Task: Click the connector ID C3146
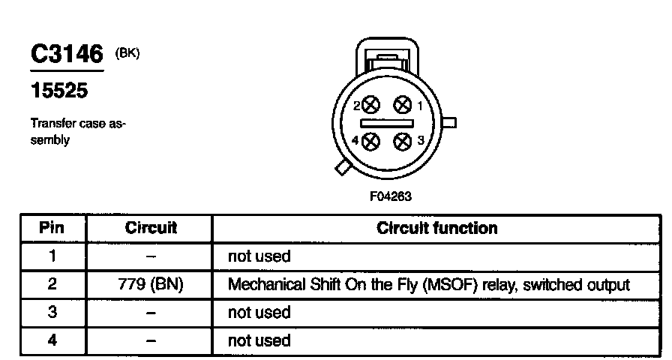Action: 67,53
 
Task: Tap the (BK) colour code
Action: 127,53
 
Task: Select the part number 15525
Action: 59,91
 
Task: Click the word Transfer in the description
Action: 46,124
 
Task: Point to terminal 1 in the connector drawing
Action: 403,104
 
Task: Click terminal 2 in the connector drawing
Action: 371,105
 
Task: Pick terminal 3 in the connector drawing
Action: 403,142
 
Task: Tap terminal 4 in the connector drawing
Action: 370,142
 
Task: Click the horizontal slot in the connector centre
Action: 387,124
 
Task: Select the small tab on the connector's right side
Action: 449,123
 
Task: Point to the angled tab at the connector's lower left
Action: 343,167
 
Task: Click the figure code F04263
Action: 391,196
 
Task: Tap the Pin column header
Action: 52,227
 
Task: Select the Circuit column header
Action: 151,227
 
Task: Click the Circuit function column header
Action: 437,228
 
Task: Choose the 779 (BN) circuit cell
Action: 151,284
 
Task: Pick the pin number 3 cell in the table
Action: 52,312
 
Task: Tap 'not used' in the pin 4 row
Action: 259,340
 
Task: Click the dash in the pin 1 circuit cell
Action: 151,257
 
